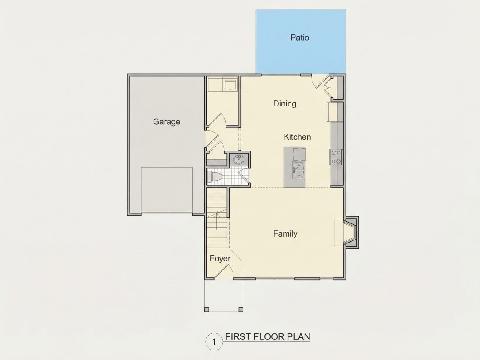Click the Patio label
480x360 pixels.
tap(300, 38)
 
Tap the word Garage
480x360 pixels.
tap(167, 122)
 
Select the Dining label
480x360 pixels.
tap(285, 104)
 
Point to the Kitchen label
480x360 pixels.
tap(297, 137)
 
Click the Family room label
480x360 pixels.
tap(285, 234)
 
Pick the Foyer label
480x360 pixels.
tap(220, 259)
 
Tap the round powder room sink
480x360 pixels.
tap(239, 159)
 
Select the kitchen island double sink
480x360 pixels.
tap(298, 170)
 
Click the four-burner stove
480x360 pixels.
tap(336, 157)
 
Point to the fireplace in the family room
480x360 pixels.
tap(350, 232)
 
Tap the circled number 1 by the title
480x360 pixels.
tap(214, 342)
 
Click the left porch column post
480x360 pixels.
tap(207, 309)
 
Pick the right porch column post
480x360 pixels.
tap(241, 309)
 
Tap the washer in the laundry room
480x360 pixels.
tap(230, 85)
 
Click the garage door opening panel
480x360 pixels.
tap(167, 190)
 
